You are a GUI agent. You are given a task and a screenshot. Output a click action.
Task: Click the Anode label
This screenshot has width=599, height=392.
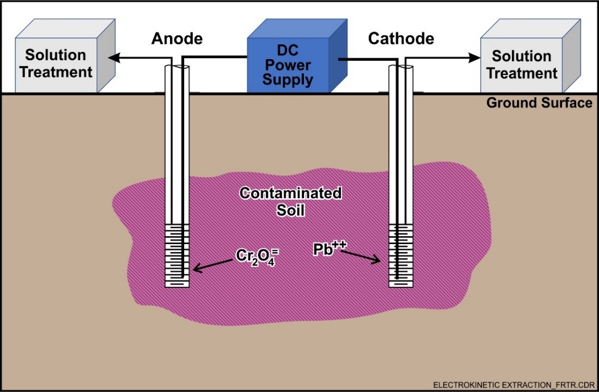coord(177,39)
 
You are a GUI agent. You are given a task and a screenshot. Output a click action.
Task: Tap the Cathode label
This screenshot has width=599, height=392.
coord(401,39)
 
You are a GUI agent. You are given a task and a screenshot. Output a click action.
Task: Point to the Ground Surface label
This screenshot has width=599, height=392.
coord(539,103)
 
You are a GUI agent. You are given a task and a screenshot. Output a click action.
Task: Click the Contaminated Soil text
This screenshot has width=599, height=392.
coord(290,201)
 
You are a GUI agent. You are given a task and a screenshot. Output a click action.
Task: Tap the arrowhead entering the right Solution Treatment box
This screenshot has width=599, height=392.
coord(473,57)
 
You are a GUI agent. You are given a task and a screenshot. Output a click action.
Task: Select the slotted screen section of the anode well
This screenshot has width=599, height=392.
coord(177,255)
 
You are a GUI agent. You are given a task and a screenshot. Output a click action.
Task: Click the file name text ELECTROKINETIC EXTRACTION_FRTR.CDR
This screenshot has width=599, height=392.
coord(511,385)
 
